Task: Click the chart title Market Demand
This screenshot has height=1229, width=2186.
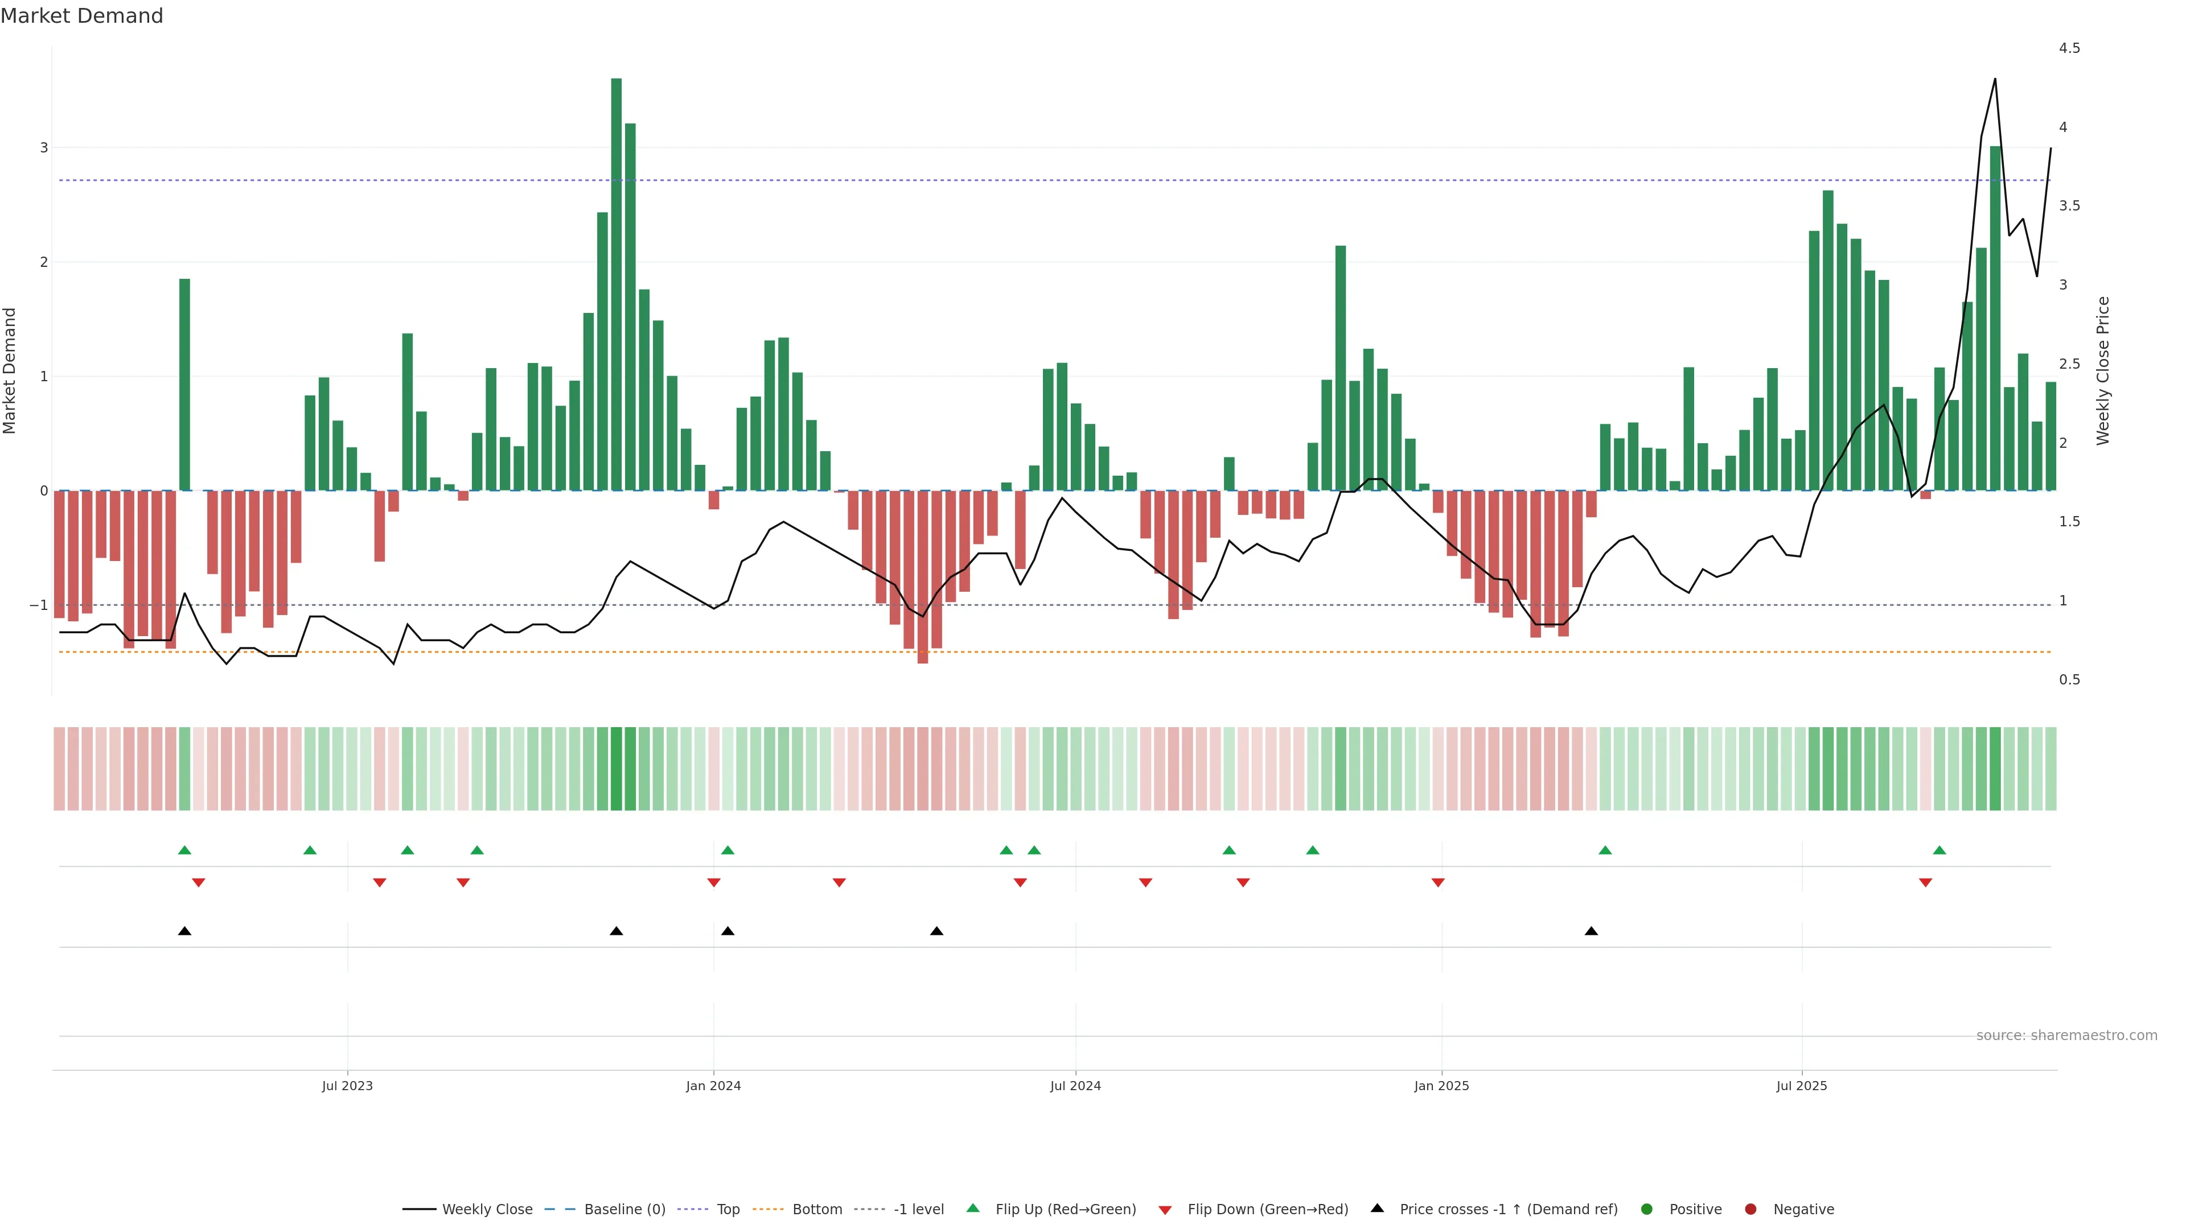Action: tap(81, 16)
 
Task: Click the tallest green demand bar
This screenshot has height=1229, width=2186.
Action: tap(616, 284)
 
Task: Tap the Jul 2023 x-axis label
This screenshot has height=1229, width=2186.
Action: tap(347, 1086)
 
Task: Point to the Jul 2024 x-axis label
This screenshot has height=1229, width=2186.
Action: tap(1075, 1086)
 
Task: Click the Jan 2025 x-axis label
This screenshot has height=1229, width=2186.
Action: tap(1441, 1086)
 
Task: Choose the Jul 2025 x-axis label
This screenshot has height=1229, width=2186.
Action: tap(1802, 1086)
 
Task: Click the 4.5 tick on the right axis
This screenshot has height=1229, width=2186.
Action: tap(2069, 48)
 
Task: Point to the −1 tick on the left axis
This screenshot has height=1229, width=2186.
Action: tap(39, 605)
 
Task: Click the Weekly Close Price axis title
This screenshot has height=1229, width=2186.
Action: tap(2102, 370)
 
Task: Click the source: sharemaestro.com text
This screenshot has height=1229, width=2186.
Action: tap(2066, 1036)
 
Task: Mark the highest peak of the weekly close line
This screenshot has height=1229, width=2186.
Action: tap(1994, 79)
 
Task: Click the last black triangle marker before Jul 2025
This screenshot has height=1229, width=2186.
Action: tap(1591, 931)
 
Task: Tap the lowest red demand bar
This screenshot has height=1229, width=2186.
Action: tap(922, 577)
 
